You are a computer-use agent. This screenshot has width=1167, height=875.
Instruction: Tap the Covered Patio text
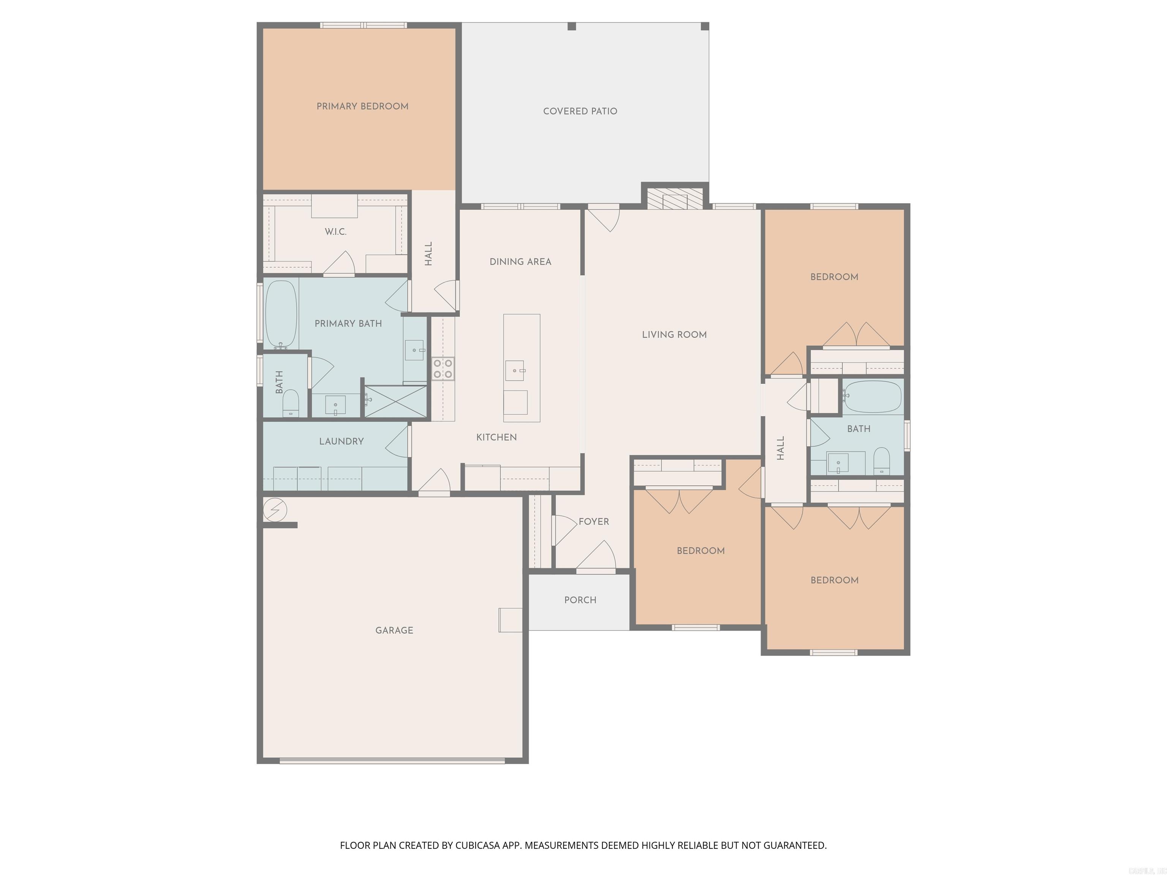click(x=580, y=111)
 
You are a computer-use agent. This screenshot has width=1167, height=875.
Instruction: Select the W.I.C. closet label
click(x=335, y=232)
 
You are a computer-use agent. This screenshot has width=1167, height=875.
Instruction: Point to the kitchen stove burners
click(x=443, y=369)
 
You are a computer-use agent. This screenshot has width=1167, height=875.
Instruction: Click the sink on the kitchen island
click(x=515, y=370)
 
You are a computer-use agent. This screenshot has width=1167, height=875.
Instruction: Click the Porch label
click(x=580, y=600)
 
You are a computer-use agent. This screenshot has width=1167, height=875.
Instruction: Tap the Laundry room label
click(x=342, y=441)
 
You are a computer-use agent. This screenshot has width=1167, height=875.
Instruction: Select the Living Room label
click(x=674, y=334)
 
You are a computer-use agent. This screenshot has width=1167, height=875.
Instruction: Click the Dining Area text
click(x=520, y=262)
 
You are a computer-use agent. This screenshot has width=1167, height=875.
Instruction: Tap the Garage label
click(x=394, y=630)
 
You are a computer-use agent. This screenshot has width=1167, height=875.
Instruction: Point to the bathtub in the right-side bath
click(x=872, y=396)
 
